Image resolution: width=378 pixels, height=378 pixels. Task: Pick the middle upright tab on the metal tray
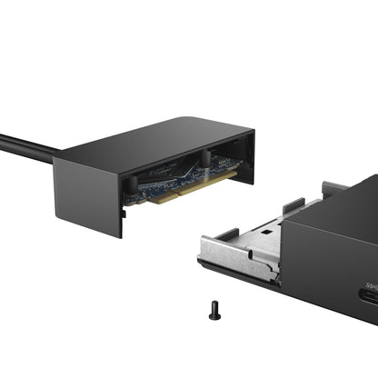[293, 205]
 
